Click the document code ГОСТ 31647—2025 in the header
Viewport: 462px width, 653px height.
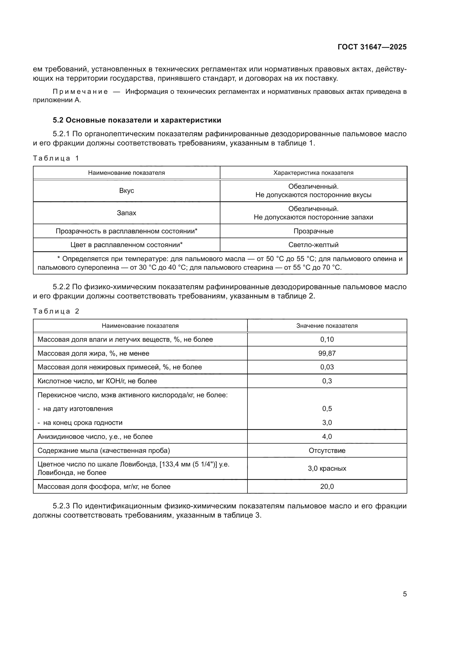click(x=372, y=47)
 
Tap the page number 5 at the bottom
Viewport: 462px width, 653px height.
click(x=404, y=594)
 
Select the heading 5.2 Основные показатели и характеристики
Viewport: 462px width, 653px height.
click(x=137, y=120)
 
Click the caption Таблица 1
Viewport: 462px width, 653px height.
click(x=56, y=158)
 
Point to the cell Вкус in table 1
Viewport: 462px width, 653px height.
click(x=126, y=191)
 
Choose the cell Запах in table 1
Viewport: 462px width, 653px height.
click(x=126, y=213)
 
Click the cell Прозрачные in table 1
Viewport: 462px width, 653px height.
click(x=313, y=231)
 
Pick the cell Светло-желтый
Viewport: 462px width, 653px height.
click(x=313, y=245)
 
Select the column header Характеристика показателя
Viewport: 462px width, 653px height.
click(x=313, y=173)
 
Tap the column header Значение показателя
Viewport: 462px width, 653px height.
click(x=327, y=326)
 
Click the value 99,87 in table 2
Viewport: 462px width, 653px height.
click(x=327, y=353)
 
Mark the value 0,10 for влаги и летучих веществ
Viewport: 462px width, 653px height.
click(x=327, y=339)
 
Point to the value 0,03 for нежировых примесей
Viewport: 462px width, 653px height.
click(x=327, y=367)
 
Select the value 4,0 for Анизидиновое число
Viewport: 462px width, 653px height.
click(x=327, y=437)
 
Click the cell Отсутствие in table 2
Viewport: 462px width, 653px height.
click(x=327, y=451)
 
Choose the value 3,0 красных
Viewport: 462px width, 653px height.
click(x=327, y=468)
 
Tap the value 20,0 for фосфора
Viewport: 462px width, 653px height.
click(x=327, y=487)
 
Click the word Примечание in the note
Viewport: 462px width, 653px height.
click(x=80, y=92)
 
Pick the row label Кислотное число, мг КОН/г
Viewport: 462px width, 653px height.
click(x=97, y=381)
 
